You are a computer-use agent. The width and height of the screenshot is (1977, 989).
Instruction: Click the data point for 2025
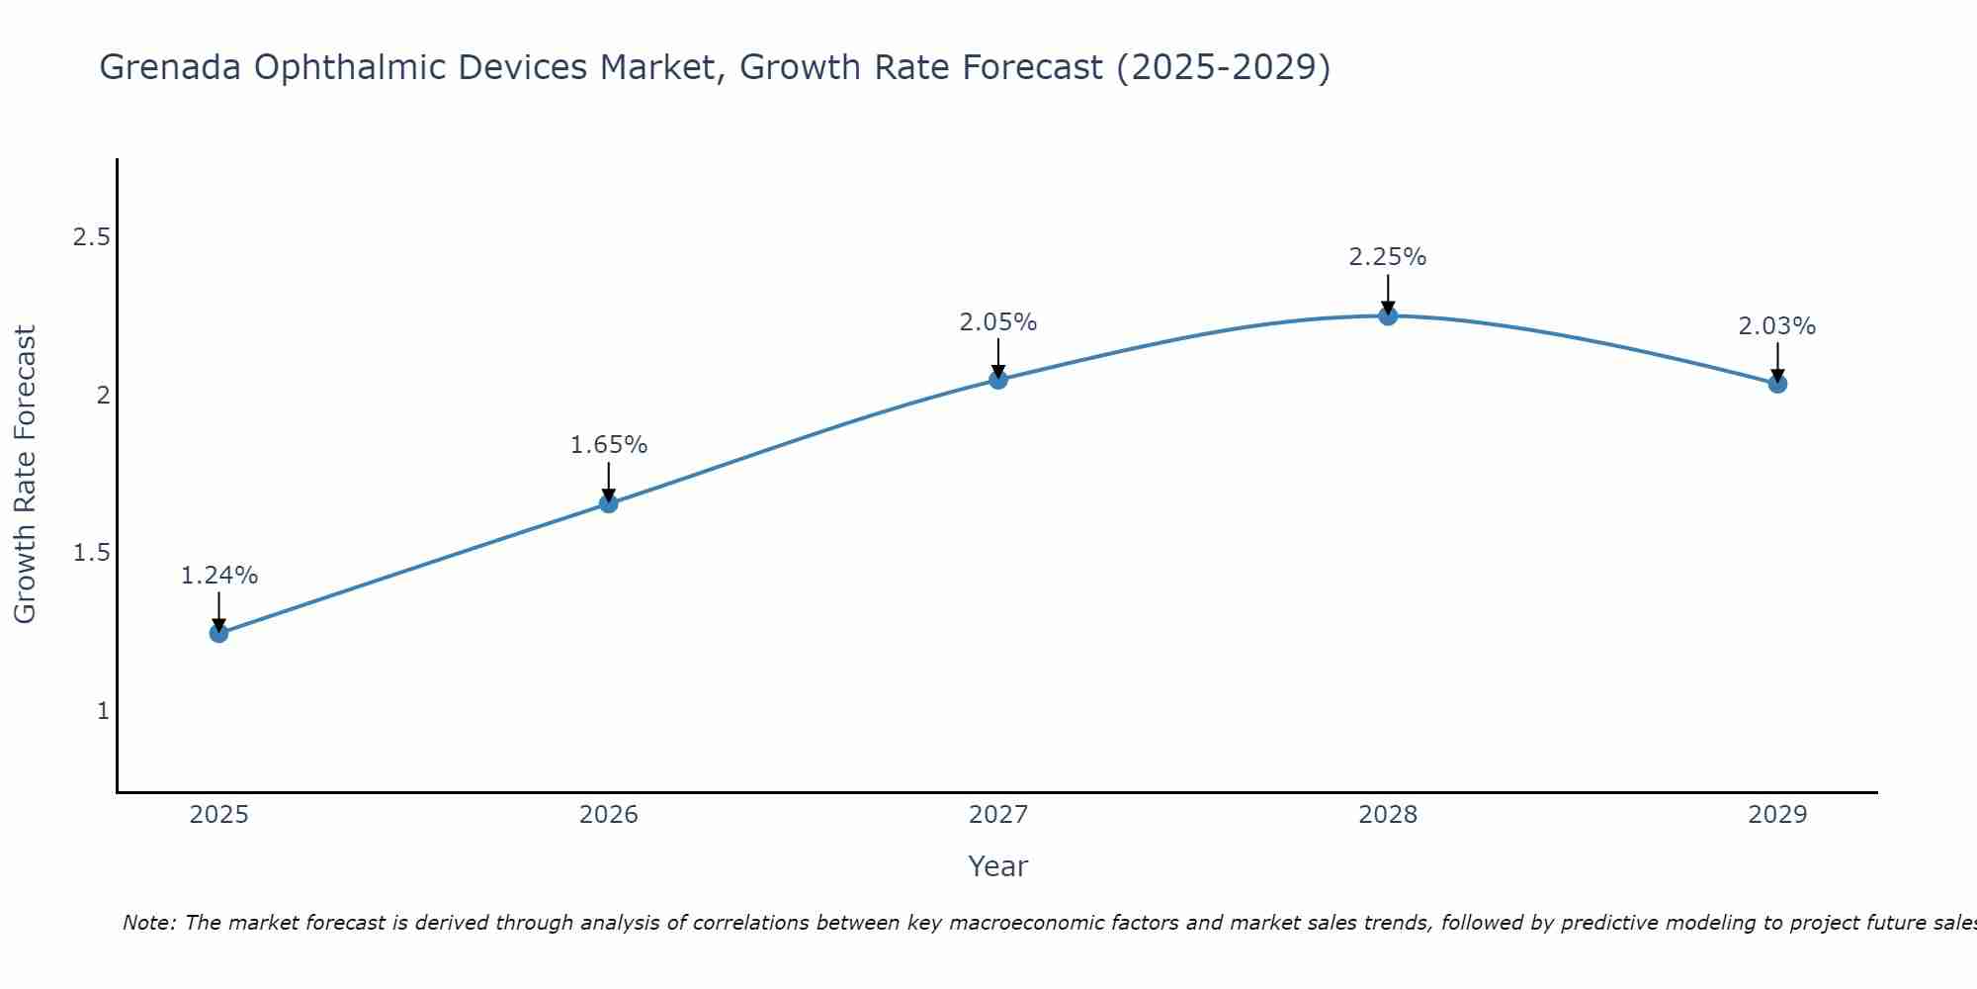pyautogui.click(x=218, y=633)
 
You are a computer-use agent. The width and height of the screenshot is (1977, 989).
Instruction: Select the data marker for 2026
pyautogui.click(x=609, y=503)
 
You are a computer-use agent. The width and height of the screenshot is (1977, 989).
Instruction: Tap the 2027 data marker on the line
pyautogui.click(x=998, y=379)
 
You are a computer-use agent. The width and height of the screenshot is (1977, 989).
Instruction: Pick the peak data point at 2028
pyautogui.click(x=1388, y=315)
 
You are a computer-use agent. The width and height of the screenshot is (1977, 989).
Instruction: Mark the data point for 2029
pyautogui.click(x=1777, y=383)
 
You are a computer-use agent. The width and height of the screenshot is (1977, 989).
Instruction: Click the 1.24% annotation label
pyautogui.click(x=219, y=576)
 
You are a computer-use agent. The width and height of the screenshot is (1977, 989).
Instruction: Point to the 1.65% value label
pyautogui.click(x=609, y=445)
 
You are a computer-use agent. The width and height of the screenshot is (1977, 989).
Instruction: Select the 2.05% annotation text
pyautogui.click(x=998, y=322)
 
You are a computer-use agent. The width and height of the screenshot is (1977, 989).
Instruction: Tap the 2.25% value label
pyautogui.click(x=1388, y=257)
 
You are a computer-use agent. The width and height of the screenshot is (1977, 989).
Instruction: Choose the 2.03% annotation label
pyautogui.click(x=1777, y=326)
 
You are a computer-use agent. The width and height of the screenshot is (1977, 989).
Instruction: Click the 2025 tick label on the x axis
pyautogui.click(x=218, y=815)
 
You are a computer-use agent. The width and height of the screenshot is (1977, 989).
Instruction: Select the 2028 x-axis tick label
pyautogui.click(x=1388, y=815)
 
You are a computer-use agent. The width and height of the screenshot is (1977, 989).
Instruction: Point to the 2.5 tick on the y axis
pyautogui.click(x=92, y=237)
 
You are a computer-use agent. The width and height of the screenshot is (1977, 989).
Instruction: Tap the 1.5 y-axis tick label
pyautogui.click(x=92, y=553)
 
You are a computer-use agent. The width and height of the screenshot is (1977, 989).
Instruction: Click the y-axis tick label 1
pyautogui.click(x=103, y=710)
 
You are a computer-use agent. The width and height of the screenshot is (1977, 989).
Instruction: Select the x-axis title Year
pyautogui.click(x=998, y=866)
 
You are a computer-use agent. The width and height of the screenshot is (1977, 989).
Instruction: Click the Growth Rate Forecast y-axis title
pyautogui.click(x=25, y=475)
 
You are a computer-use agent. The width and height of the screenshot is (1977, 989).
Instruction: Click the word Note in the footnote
pyautogui.click(x=147, y=923)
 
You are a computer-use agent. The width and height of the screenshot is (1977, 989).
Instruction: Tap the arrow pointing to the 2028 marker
pyautogui.click(x=1388, y=295)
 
